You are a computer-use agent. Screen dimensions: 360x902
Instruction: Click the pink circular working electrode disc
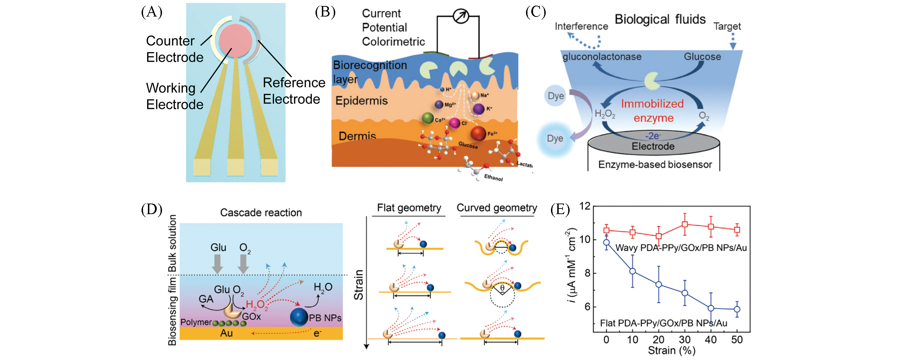tap(235, 40)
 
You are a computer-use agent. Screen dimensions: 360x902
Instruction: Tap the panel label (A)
tap(151, 12)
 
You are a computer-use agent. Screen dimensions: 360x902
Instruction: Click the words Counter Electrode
tap(174, 49)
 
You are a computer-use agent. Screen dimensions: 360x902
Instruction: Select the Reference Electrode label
tap(294, 91)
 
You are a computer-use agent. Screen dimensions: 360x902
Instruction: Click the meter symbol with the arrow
tap(460, 16)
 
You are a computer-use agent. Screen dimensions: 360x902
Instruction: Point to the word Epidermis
tap(361, 101)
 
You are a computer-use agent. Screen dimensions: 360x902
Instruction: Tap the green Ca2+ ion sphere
tap(428, 118)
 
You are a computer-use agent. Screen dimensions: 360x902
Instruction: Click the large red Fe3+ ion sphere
tap(478, 134)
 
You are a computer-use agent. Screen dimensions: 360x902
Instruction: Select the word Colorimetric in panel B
tap(393, 41)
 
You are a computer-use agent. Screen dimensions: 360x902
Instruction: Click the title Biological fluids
tap(660, 19)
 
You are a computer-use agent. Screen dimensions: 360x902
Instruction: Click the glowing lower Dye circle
tap(555, 139)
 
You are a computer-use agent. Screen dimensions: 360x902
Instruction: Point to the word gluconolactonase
tap(602, 57)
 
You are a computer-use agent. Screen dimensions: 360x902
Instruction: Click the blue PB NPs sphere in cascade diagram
tap(299, 317)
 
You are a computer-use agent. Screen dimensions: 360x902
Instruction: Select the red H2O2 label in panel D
tap(257, 305)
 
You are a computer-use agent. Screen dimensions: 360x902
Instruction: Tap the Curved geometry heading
tap(497, 208)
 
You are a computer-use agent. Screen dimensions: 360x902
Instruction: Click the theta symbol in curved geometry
tap(502, 288)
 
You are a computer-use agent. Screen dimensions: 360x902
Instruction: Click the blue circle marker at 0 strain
tap(606, 243)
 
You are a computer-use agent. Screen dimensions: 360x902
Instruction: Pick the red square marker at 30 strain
tap(684, 224)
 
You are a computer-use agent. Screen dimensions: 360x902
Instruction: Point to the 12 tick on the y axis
tap(584, 206)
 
